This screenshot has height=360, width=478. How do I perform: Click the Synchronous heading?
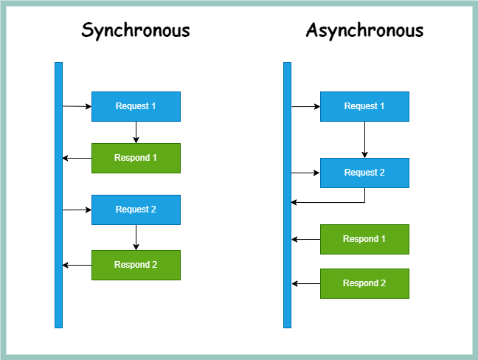(136, 30)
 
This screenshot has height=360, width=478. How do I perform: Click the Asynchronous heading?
(364, 30)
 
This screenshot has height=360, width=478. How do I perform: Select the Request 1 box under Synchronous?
(136, 106)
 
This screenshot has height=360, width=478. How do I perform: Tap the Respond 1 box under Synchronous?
(136, 158)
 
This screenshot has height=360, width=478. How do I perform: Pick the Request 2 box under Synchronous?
(136, 210)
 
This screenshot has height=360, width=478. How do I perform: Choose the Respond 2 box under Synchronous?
(136, 265)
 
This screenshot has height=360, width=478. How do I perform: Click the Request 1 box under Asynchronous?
(364, 106)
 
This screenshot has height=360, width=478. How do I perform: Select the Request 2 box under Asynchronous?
(364, 173)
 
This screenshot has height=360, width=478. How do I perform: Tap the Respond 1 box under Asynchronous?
(364, 239)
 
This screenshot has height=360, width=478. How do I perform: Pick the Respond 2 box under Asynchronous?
(364, 283)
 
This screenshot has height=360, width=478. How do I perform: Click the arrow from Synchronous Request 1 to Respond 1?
(136, 132)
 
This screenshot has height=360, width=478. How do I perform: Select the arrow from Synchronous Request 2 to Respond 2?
(136, 238)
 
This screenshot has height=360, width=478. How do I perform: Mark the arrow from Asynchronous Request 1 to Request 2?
(364, 139)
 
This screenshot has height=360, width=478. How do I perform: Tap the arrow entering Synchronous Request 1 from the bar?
(77, 107)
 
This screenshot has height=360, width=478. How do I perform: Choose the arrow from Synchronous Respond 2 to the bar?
(77, 265)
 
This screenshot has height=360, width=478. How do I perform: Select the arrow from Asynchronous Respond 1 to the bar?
(305, 239)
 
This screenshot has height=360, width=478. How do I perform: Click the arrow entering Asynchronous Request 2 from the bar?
(305, 173)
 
